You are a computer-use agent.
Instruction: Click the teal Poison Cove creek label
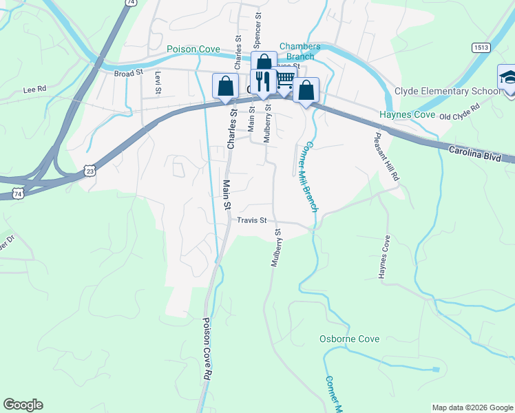pos(193,50)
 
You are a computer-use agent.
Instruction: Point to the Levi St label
pos(158,82)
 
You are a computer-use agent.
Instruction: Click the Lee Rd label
pos(34,89)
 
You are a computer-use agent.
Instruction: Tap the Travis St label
pos(251,220)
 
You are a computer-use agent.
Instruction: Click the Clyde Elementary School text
pos(448,92)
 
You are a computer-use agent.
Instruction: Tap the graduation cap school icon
pos(507,76)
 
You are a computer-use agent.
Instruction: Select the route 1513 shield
pos(481,47)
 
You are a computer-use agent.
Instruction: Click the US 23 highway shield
pos(89,169)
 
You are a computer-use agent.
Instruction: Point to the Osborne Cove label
pos(349,339)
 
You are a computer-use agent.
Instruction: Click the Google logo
pos(23,405)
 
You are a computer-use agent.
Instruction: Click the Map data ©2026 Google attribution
pos(472,407)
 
